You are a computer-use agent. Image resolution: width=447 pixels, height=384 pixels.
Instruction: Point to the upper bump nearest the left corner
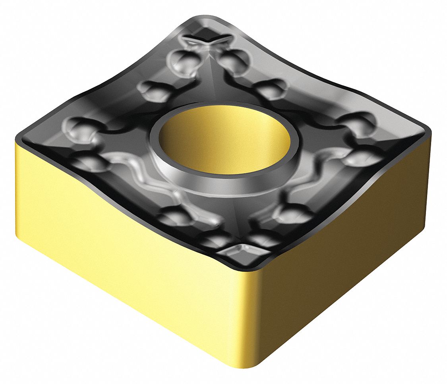[81, 125]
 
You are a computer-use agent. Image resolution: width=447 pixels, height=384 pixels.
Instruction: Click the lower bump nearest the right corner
[360, 157]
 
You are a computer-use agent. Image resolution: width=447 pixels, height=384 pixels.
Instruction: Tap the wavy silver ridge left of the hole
[131, 171]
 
